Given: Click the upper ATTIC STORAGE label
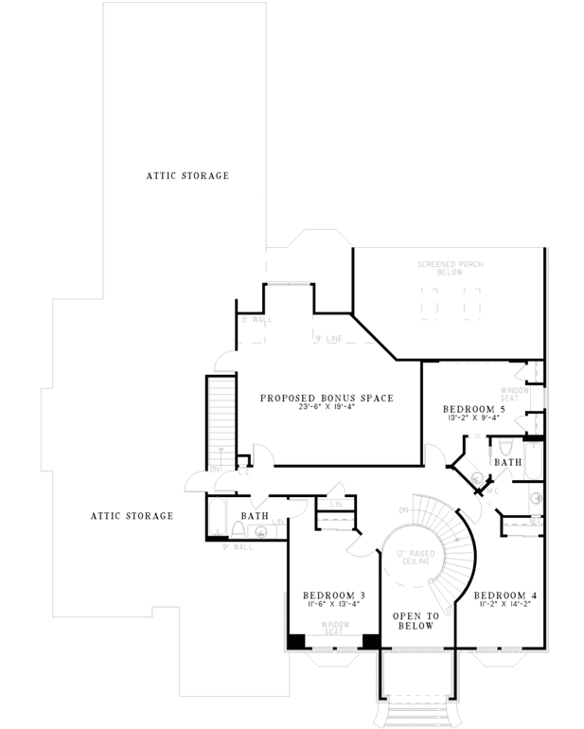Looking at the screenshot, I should coord(186,176).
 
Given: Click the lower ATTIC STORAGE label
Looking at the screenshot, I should coord(132,516).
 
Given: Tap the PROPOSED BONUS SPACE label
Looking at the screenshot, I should coord(327,398).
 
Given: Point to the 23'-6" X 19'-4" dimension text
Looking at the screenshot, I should coord(327,409).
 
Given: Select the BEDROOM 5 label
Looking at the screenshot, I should coord(473,410).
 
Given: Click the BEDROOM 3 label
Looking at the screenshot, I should coord(334,596).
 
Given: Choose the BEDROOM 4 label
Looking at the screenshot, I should coord(506,596).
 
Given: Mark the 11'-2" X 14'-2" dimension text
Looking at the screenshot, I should coord(506,606).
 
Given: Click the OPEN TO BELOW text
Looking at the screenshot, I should coord(414,621).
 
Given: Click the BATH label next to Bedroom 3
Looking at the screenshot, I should coord(255,516).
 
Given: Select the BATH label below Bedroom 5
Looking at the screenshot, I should coord(507,462).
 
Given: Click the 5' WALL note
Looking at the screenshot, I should coord(257,321).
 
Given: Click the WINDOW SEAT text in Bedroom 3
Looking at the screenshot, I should coord(334,629).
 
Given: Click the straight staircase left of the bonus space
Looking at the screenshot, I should coord(220,417).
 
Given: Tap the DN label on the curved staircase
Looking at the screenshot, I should coord(404,510).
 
